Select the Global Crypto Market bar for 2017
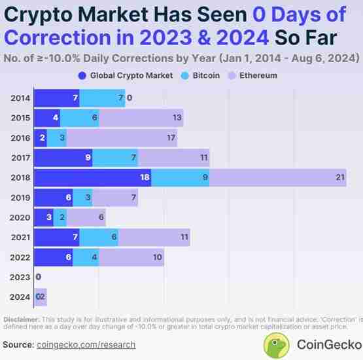click(x=63, y=158)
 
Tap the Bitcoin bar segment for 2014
click(x=101, y=98)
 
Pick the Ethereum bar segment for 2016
click(x=121, y=138)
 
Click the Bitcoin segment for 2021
click(x=99, y=237)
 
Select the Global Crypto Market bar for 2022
click(x=53, y=257)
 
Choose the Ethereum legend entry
click(x=252, y=75)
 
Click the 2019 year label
click(x=20, y=198)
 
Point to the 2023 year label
click(x=20, y=277)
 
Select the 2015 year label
click(x=20, y=118)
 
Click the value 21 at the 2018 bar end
click(x=339, y=177)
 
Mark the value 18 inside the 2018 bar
click(x=145, y=177)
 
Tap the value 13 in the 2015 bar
click(x=177, y=118)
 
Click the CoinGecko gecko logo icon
click(x=277, y=344)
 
